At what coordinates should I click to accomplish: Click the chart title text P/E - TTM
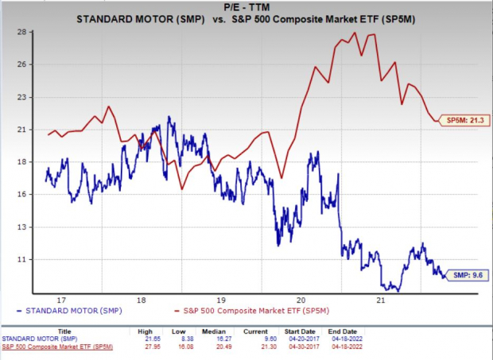tap(246, 6)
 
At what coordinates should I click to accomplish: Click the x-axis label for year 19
tap(222, 300)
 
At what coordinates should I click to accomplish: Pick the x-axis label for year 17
tap(60, 300)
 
